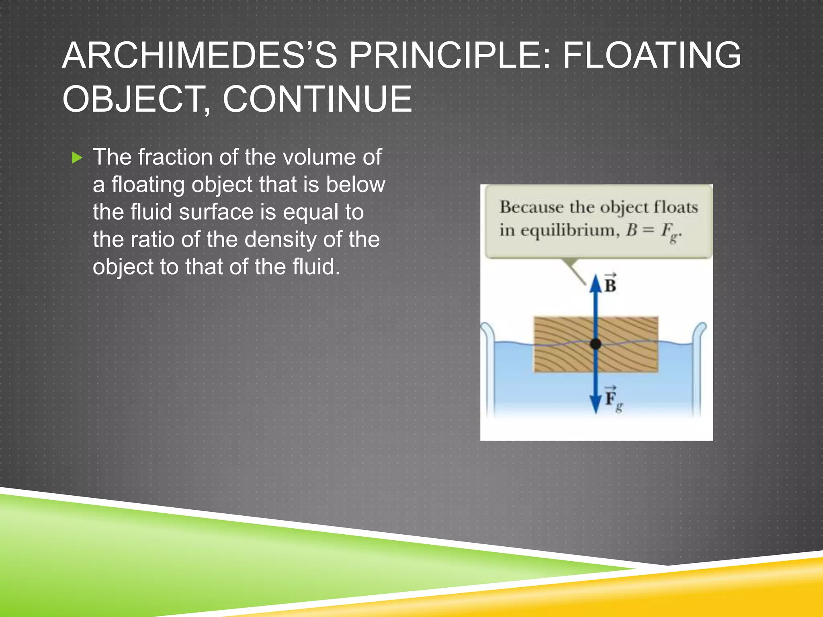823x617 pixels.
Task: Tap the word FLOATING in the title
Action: [651, 56]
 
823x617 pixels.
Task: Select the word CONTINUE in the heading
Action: [317, 99]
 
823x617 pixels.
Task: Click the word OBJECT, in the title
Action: [137, 99]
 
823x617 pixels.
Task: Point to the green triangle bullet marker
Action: [77, 157]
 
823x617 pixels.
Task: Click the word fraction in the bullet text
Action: [175, 157]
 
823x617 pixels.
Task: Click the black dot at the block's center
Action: [596, 344]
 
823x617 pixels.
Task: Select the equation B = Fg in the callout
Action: [653, 231]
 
